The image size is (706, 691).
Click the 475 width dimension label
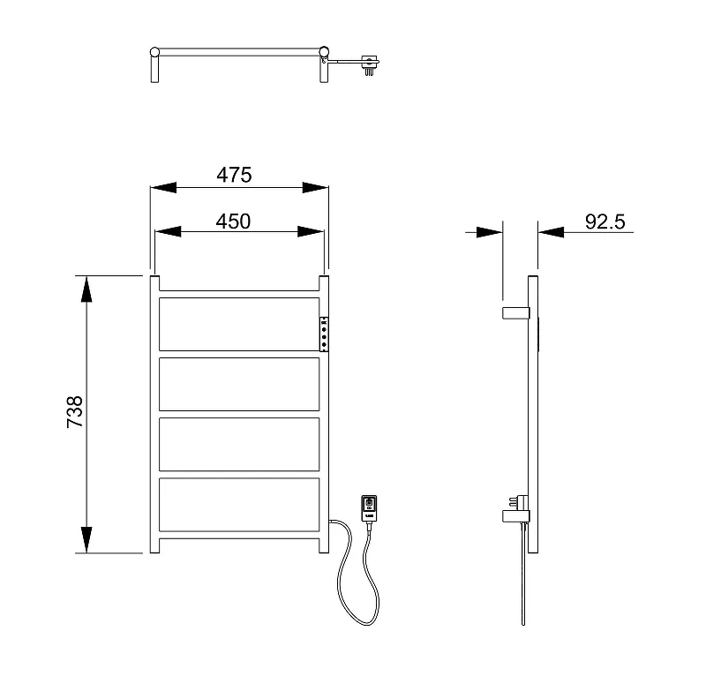pos(234,175)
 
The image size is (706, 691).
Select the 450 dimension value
pos(233,222)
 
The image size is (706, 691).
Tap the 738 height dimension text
pos(75,412)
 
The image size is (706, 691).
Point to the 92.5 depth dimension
pos(605,222)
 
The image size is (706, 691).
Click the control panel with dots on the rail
pos(324,334)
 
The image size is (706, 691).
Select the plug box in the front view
pos(369,508)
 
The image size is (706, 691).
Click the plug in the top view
pos(370,64)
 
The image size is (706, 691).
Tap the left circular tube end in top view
pos(154,52)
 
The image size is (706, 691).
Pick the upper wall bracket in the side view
pos(516,313)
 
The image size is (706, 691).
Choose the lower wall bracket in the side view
pos(516,516)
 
